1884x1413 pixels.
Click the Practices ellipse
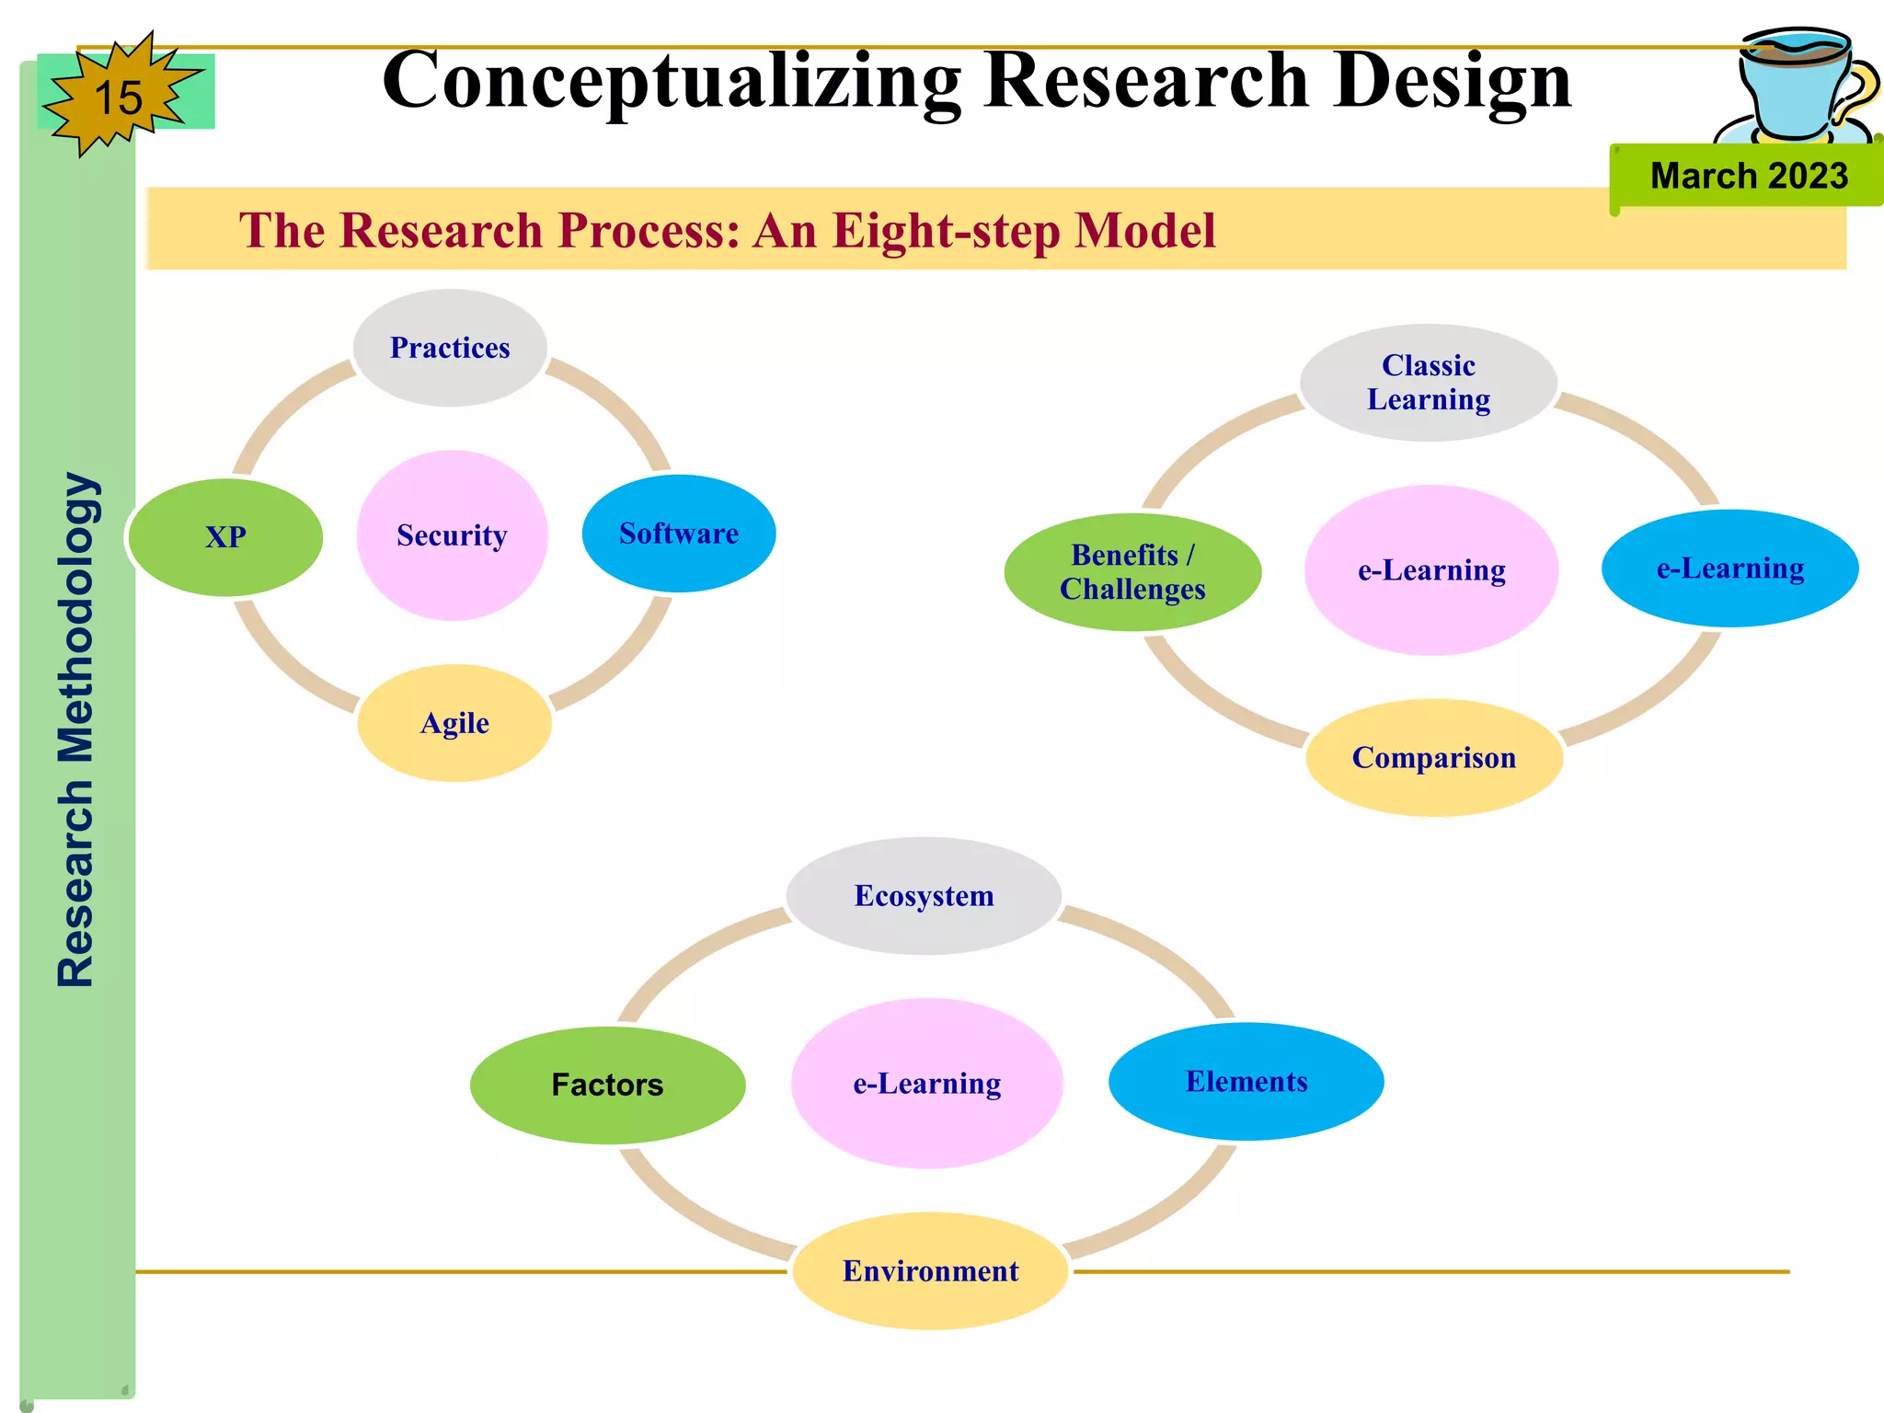(450, 348)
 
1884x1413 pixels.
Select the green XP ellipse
(225, 537)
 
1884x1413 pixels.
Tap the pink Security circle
(452, 535)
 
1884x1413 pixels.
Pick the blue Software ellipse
(679, 534)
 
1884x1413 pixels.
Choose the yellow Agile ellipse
(454, 723)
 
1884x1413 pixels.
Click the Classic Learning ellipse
(1428, 383)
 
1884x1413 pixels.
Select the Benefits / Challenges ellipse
(1132, 572)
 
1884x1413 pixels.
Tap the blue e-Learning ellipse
(1729, 569)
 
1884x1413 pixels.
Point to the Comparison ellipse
(1433, 758)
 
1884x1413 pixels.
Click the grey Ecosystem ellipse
(924, 896)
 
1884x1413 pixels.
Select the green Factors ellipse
(607, 1086)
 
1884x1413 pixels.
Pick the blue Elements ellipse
(1246, 1082)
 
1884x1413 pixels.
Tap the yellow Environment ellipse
(930, 1271)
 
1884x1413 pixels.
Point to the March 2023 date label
(1748, 176)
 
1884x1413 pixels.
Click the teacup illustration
(1798, 87)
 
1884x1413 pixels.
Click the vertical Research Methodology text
(75, 729)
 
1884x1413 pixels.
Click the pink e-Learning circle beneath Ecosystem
(926, 1084)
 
